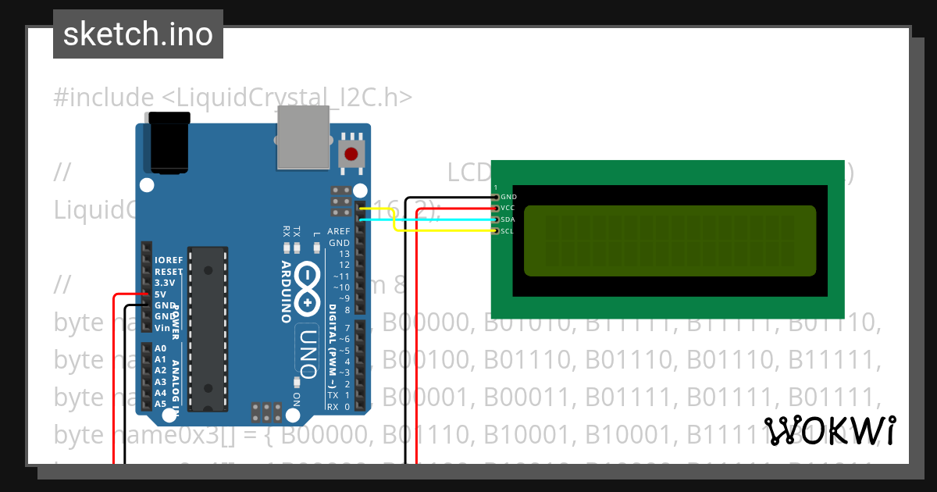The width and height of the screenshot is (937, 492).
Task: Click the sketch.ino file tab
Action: tap(138, 34)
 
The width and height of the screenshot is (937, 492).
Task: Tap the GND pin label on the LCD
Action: tap(508, 197)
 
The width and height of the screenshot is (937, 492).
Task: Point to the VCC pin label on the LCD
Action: tap(508, 209)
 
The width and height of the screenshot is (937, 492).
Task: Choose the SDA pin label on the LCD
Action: tap(508, 219)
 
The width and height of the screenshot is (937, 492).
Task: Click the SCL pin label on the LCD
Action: tap(508, 231)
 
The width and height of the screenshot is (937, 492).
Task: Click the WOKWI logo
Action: tap(830, 430)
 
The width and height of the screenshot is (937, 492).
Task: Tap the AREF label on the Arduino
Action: tap(338, 232)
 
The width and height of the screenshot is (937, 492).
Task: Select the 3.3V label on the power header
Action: tap(165, 283)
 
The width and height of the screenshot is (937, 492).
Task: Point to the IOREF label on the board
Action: tap(169, 260)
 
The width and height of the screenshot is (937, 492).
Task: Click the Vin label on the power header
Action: tap(162, 328)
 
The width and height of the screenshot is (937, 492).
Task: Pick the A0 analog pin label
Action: tap(161, 348)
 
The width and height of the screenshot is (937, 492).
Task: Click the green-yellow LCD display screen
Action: tap(669, 241)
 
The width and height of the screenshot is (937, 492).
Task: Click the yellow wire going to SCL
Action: tap(445, 231)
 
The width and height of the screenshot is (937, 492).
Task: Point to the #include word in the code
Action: tap(104, 98)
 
